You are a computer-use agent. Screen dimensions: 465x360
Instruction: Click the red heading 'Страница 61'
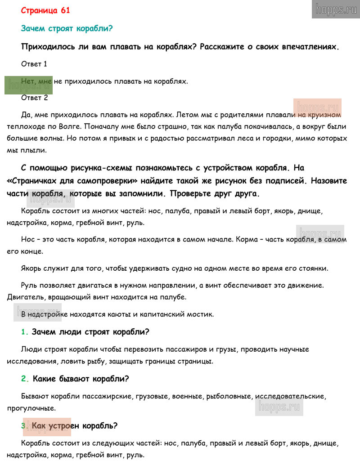(x=45, y=10)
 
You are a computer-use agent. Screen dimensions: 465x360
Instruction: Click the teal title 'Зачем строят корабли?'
(x=67, y=28)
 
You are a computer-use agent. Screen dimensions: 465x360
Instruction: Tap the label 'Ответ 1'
(x=34, y=64)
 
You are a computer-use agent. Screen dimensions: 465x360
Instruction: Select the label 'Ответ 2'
(x=34, y=98)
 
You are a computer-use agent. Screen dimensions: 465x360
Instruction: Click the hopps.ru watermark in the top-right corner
(x=336, y=9)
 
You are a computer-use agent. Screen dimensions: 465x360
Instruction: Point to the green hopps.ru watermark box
(x=28, y=85)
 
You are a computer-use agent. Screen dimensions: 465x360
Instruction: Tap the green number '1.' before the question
(x=24, y=332)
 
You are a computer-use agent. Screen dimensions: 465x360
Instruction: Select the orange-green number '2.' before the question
(x=25, y=379)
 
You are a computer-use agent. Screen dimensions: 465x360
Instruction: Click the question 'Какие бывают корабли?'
(x=81, y=379)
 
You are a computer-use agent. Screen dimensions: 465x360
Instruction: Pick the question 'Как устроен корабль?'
(x=75, y=425)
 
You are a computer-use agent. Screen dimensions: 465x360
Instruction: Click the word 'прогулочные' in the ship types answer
(x=31, y=408)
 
